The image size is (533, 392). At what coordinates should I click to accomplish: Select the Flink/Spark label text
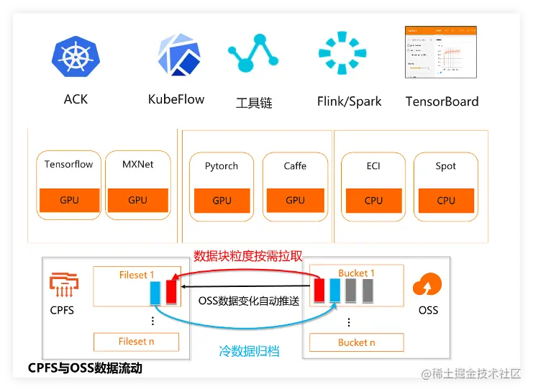(x=349, y=101)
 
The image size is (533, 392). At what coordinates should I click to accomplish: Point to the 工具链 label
(x=254, y=103)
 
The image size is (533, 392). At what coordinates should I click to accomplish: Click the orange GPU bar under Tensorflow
(x=69, y=200)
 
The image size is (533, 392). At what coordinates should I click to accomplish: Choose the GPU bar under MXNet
(x=137, y=200)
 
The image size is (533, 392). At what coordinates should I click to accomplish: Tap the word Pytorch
(x=222, y=166)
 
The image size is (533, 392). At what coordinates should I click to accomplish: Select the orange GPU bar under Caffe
(x=295, y=200)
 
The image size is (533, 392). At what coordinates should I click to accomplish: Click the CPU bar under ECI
(x=373, y=200)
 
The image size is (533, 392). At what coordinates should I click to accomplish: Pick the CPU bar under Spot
(x=446, y=200)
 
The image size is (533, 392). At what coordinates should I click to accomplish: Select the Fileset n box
(x=137, y=342)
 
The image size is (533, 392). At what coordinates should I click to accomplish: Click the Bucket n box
(x=357, y=343)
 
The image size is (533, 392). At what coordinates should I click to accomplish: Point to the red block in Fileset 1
(x=171, y=293)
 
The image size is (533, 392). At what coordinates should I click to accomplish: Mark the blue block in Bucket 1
(x=334, y=291)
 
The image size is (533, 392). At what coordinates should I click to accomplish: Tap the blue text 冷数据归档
(x=249, y=352)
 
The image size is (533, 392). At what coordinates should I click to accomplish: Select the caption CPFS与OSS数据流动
(x=85, y=368)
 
